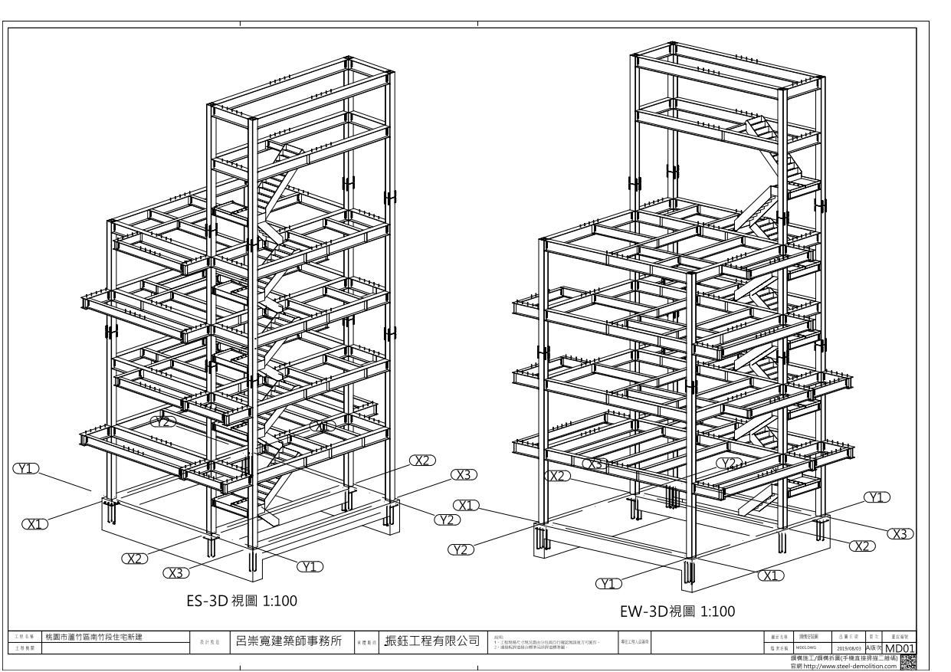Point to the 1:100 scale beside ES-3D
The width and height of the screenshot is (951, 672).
coord(263,602)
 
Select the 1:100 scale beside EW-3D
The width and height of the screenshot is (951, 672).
coord(708,611)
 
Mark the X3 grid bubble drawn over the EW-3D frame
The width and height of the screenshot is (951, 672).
coord(595,464)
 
